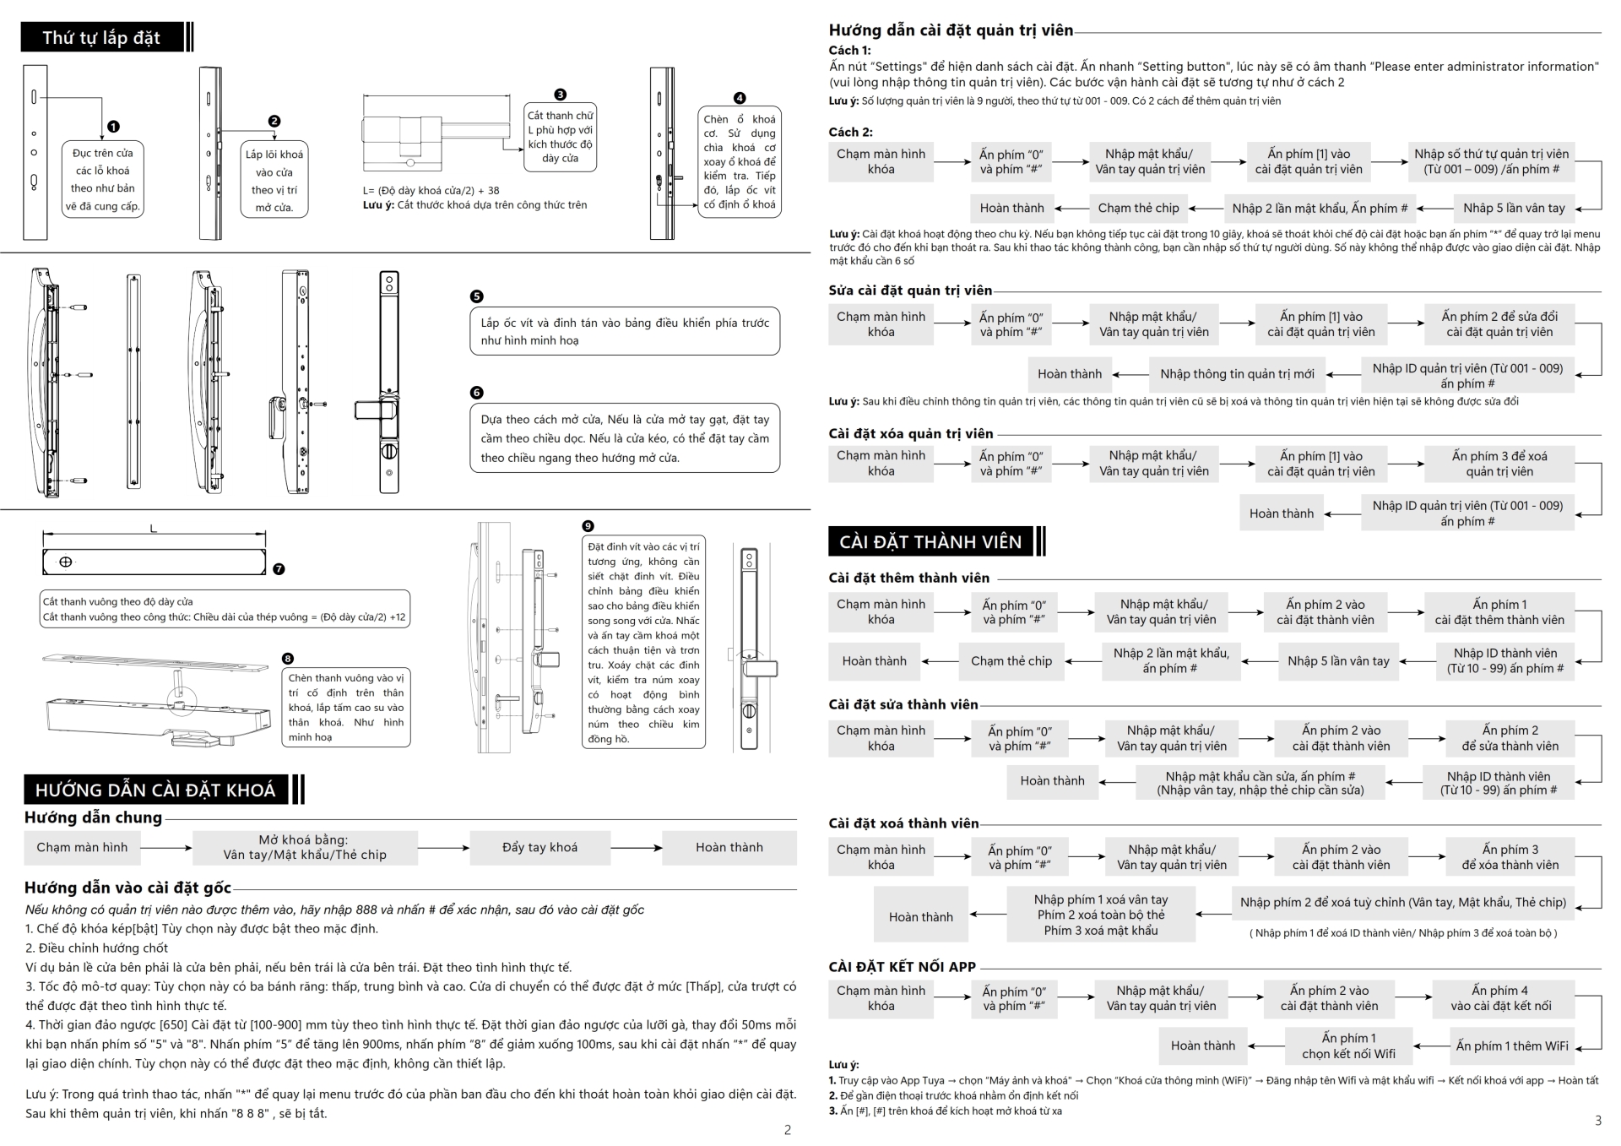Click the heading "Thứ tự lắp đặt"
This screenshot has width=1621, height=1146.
pos(101,38)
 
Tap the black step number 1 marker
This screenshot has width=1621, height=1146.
pos(113,127)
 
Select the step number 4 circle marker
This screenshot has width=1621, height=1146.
pos(740,98)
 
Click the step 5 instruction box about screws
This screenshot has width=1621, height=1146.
pos(625,331)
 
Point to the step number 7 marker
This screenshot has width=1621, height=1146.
pos(279,569)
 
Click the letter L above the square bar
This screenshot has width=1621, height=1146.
pos(153,529)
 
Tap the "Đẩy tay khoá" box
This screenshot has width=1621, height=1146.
pos(539,847)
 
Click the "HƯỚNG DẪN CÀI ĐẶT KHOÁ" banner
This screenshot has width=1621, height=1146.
pos(155,790)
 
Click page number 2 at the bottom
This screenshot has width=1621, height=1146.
pos(788,1130)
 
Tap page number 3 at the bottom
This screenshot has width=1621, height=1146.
pos(1597,1121)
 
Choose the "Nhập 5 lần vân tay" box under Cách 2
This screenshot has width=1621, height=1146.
pos(1514,208)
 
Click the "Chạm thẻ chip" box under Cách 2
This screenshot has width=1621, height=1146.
pos(1138,208)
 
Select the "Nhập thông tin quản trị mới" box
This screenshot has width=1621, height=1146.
pos(1237,374)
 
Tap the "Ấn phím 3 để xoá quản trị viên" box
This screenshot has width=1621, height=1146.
pos(1499,464)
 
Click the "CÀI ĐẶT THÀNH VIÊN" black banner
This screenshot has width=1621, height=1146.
pos(930,541)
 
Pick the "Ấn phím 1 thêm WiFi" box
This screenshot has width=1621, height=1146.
pos(1512,1046)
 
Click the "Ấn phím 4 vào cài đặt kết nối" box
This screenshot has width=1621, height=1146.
pos(1500,998)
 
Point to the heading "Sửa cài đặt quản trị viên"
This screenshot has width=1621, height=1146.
pos(910,291)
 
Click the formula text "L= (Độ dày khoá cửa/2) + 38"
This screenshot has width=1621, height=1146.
pos(431,191)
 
